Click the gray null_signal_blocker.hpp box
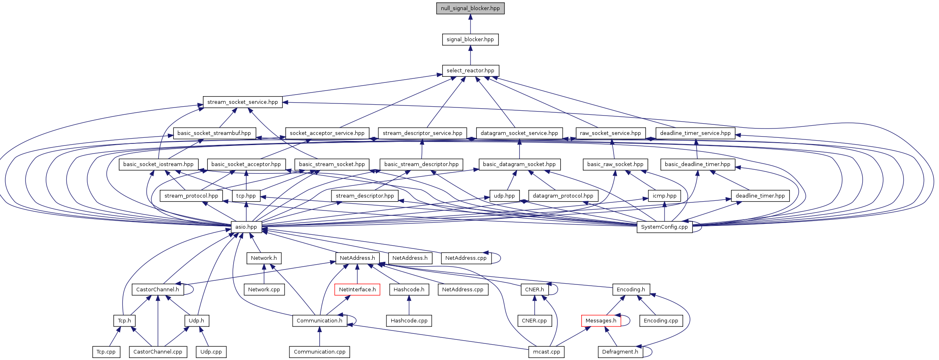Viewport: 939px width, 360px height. tap(470, 8)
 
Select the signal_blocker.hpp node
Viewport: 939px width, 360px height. tap(470, 40)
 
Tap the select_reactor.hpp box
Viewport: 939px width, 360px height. tap(470, 71)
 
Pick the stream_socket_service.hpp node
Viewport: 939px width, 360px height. tap(243, 102)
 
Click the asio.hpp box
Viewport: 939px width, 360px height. tap(246, 227)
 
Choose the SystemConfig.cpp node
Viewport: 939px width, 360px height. tap(664, 227)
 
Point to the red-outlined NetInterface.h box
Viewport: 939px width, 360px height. tap(357, 290)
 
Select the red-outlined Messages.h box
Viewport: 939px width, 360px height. tap(601, 321)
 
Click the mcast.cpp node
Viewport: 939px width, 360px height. tap(547, 352)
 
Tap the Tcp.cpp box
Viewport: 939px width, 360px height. tap(106, 352)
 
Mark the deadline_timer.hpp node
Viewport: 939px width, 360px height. tap(760, 196)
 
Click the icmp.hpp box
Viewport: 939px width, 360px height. tap(664, 196)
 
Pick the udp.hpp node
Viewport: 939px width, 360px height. tap(504, 196)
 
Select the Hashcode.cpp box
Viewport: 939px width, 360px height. tap(409, 321)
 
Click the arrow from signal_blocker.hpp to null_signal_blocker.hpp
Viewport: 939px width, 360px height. tap(470, 24)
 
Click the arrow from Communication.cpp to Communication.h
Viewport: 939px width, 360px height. tap(319, 337)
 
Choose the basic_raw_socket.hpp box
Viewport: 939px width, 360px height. tap(615, 164)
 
